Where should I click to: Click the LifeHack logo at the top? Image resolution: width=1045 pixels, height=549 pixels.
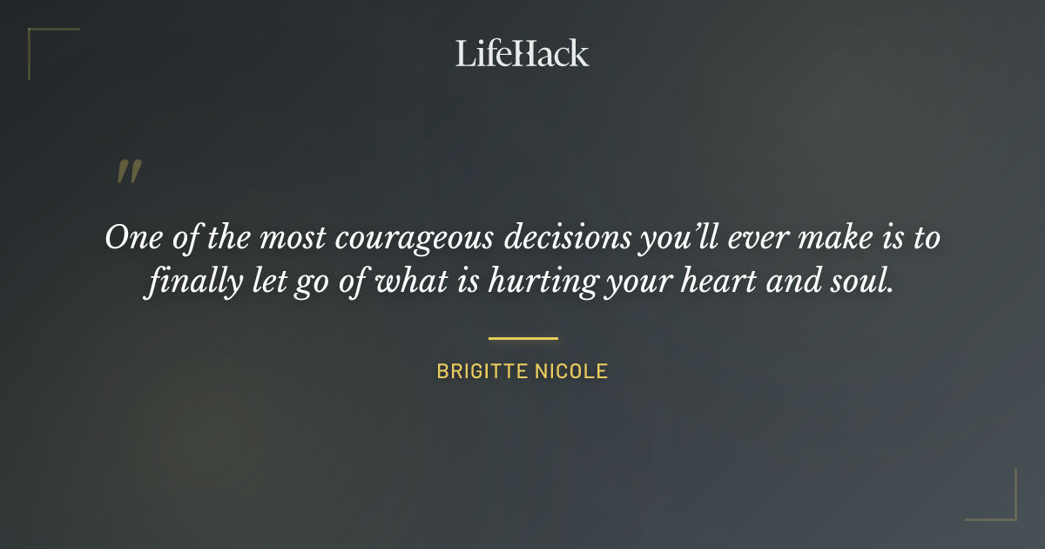[x=522, y=53]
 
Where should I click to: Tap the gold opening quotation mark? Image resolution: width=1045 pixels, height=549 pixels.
[x=128, y=172]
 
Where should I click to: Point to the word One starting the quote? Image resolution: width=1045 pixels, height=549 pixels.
[x=131, y=238]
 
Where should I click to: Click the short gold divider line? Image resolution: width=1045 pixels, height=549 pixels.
[x=522, y=338]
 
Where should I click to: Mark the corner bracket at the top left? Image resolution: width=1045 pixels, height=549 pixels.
[x=44, y=44]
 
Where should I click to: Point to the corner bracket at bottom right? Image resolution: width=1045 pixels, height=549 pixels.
[x=1001, y=505]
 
